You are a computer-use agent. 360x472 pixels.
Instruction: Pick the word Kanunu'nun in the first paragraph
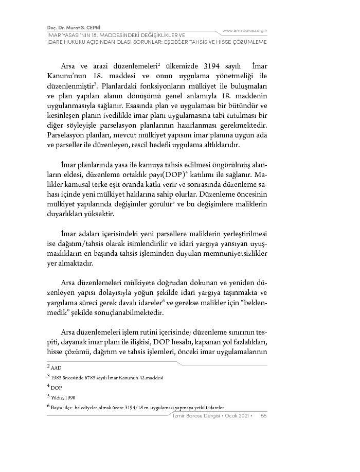point(61,78)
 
